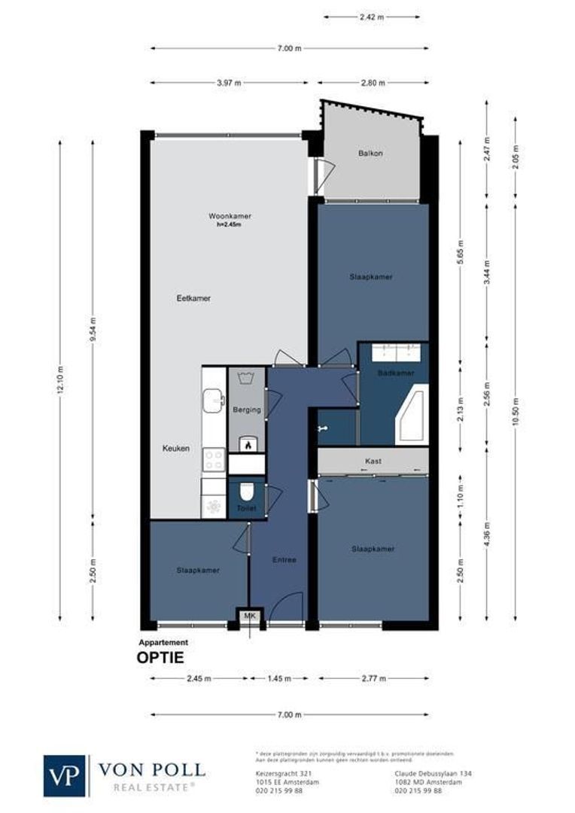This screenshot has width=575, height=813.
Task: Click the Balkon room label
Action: pyautogui.click(x=370, y=154)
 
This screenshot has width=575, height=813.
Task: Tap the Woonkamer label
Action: pyautogui.click(x=230, y=216)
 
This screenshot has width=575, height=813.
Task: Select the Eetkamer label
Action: pyautogui.click(x=193, y=298)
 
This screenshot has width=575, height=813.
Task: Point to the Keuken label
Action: pyautogui.click(x=176, y=449)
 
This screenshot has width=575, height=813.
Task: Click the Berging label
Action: pyautogui.click(x=247, y=410)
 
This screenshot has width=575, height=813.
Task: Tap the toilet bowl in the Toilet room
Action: pyautogui.click(x=246, y=493)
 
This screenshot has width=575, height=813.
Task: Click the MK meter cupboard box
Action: pyautogui.click(x=248, y=617)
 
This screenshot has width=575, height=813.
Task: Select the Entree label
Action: pyautogui.click(x=284, y=559)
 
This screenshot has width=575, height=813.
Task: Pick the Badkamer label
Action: pyautogui.click(x=396, y=373)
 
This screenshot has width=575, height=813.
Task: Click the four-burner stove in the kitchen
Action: pyautogui.click(x=214, y=458)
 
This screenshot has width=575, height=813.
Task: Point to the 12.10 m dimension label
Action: pyautogui.click(x=61, y=380)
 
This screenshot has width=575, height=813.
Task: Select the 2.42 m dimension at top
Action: pyautogui.click(x=373, y=15)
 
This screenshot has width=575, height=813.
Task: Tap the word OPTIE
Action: pyautogui.click(x=160, y=657)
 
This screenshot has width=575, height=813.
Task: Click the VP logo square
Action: pyautogui.click(x=65, y=775)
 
